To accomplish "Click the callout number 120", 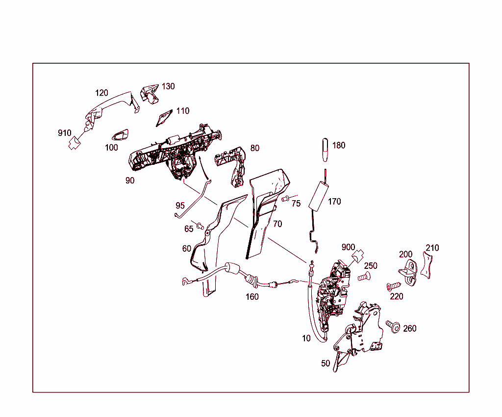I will point(101,93).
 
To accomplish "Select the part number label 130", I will point(168,86).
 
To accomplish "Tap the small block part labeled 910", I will point(75,143).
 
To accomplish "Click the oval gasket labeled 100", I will point(119,135).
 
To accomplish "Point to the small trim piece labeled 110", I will point(163,117).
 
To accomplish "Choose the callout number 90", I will point(129,181).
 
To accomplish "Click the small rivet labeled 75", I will point(285,198).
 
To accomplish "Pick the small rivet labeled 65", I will point(200,226).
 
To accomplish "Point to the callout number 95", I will point(180,205).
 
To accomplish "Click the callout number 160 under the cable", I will point(252,297).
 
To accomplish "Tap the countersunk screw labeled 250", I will point(363,277).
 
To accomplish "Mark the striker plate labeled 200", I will point(407,271).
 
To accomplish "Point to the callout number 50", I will point(326,364).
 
